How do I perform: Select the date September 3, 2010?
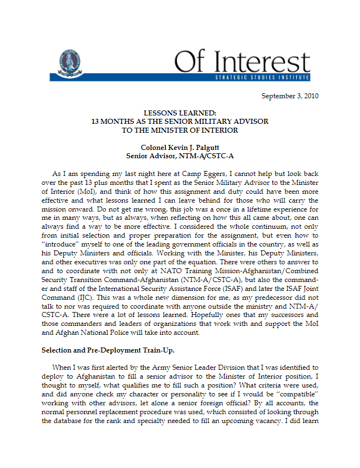[x=290, y=96]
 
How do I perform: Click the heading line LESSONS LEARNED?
[x=180, y=113]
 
